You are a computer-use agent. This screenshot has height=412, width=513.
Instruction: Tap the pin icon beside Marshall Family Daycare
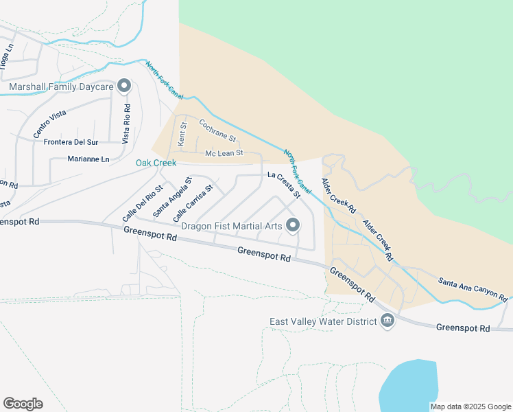click(124, 87)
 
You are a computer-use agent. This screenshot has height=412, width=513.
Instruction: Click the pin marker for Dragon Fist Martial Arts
click(294, 225)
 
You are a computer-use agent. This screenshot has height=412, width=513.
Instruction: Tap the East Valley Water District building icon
click(387, 321)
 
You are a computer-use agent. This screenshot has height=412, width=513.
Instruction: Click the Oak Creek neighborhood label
click(156, 163)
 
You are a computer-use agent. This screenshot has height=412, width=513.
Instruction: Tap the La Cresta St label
click(284, 185)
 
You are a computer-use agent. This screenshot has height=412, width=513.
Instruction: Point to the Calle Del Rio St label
click(143, 203)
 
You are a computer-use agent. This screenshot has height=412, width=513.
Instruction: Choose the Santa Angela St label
click(172, 197)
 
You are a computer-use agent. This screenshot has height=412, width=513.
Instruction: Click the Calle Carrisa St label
click(193, 202)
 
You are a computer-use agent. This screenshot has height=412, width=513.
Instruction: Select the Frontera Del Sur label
click(71, 142)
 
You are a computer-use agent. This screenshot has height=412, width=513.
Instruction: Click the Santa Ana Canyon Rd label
click(473, 289)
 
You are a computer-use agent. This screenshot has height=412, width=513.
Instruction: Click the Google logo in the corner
click(23, 403)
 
